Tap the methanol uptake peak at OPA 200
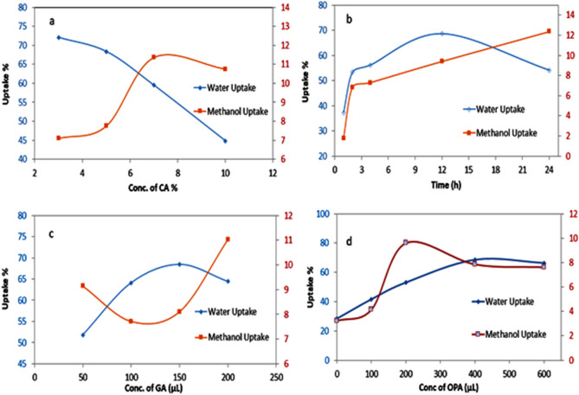pyautogui.click(x=406, y=242)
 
